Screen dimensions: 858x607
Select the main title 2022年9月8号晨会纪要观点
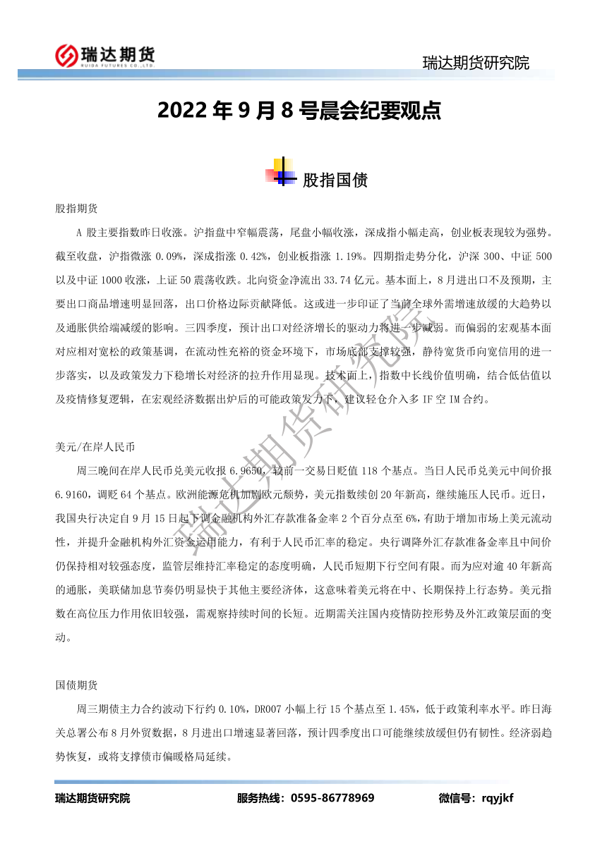(x=299, y=111)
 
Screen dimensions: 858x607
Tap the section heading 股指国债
(x=335, y=180)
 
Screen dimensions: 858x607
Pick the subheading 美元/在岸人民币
(x=95, y=447)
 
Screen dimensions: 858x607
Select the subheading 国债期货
(x=77, y=685)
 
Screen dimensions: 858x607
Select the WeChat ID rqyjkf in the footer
(x=497, y=798)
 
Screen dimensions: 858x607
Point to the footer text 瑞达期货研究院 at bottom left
(x=92, y=798)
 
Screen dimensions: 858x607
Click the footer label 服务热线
(x=258, y=798)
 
